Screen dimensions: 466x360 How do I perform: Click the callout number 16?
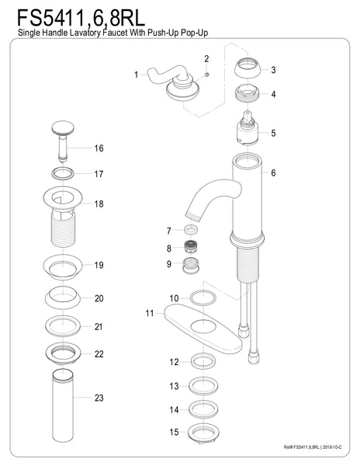pyautogui.click(x=99, y=148)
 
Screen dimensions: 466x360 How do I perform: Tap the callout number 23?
pyautogui.click(x=99, y=398)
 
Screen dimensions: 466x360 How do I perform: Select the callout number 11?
pyautogui.click(x=149, y=313)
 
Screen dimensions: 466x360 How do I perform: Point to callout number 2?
pyautogui.click(x=206, y=59)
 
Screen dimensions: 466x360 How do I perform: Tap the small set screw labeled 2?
pyautogui.click(x=207, y=74)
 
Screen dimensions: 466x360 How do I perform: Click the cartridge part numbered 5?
pyautogui.click(x=249, y=133)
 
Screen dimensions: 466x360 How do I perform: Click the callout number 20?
pyautogui.click(x=99, y=299)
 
